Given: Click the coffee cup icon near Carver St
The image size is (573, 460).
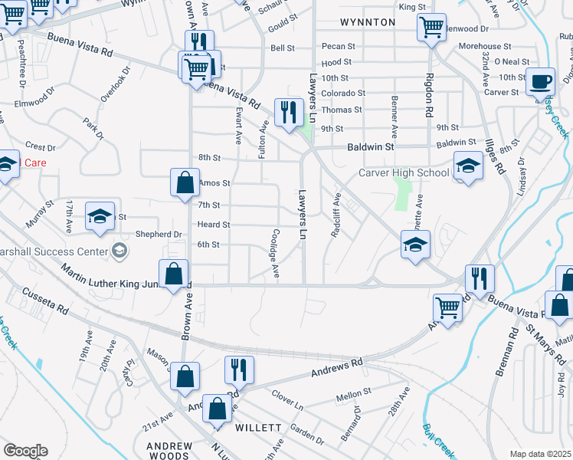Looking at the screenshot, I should [x=541, y=80].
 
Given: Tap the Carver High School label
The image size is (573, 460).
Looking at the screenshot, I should [x=404, y=172].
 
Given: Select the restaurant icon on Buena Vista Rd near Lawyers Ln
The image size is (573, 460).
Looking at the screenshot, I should [x=289, y=113].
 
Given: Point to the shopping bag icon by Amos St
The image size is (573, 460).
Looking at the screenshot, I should [x=185, y=183].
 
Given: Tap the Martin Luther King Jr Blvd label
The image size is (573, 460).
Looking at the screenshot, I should [x=115, y=284].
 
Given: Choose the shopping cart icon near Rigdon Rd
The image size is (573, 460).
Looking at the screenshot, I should [x=431, y=28].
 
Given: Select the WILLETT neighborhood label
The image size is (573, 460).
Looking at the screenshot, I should [x=259, y=427].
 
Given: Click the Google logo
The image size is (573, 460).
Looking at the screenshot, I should [x=25, y=451].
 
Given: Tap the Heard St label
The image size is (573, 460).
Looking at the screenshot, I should [x=214, y=225].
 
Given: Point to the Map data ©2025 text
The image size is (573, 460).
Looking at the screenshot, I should [x=540, y=454].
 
